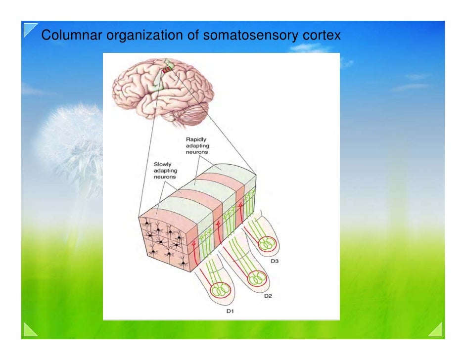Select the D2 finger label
[x=268, y=296]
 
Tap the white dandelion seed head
[x=69, y=138]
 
